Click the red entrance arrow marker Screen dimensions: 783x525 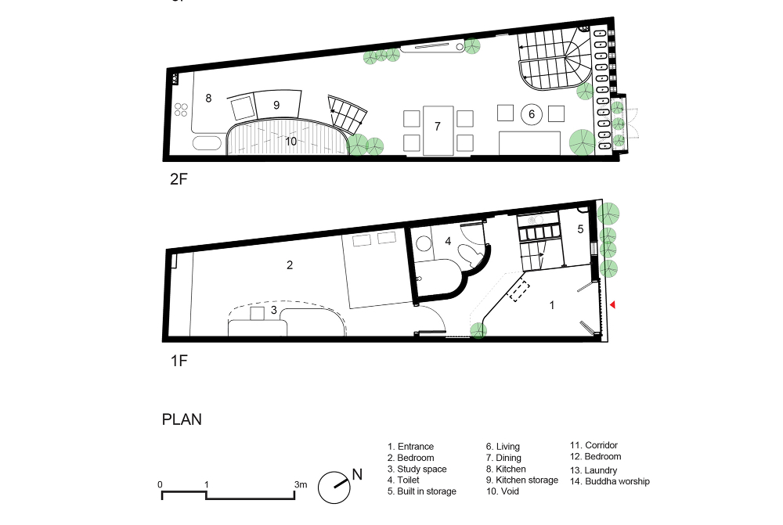tap(613, 305)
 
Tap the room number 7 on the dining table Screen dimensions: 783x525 tap(438, 126)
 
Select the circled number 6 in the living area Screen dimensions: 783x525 tap(532, 114)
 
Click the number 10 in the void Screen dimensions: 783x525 tap(290, 142)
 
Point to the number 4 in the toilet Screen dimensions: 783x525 tap(448, 241)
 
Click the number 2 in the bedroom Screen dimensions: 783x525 tap(290, 265)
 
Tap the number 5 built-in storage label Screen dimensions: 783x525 tap(580, 229)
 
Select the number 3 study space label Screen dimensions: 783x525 tap(273, 310)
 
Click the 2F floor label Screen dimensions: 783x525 tap(179, 178)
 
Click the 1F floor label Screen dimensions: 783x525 tap(179, 361)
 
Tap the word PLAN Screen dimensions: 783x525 tap(182, 419)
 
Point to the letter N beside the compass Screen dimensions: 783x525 tap(357, 474)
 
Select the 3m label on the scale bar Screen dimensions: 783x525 tap(301, 484)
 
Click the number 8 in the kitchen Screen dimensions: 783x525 tap(208, 99)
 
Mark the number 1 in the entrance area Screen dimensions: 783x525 tap(552, 305)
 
